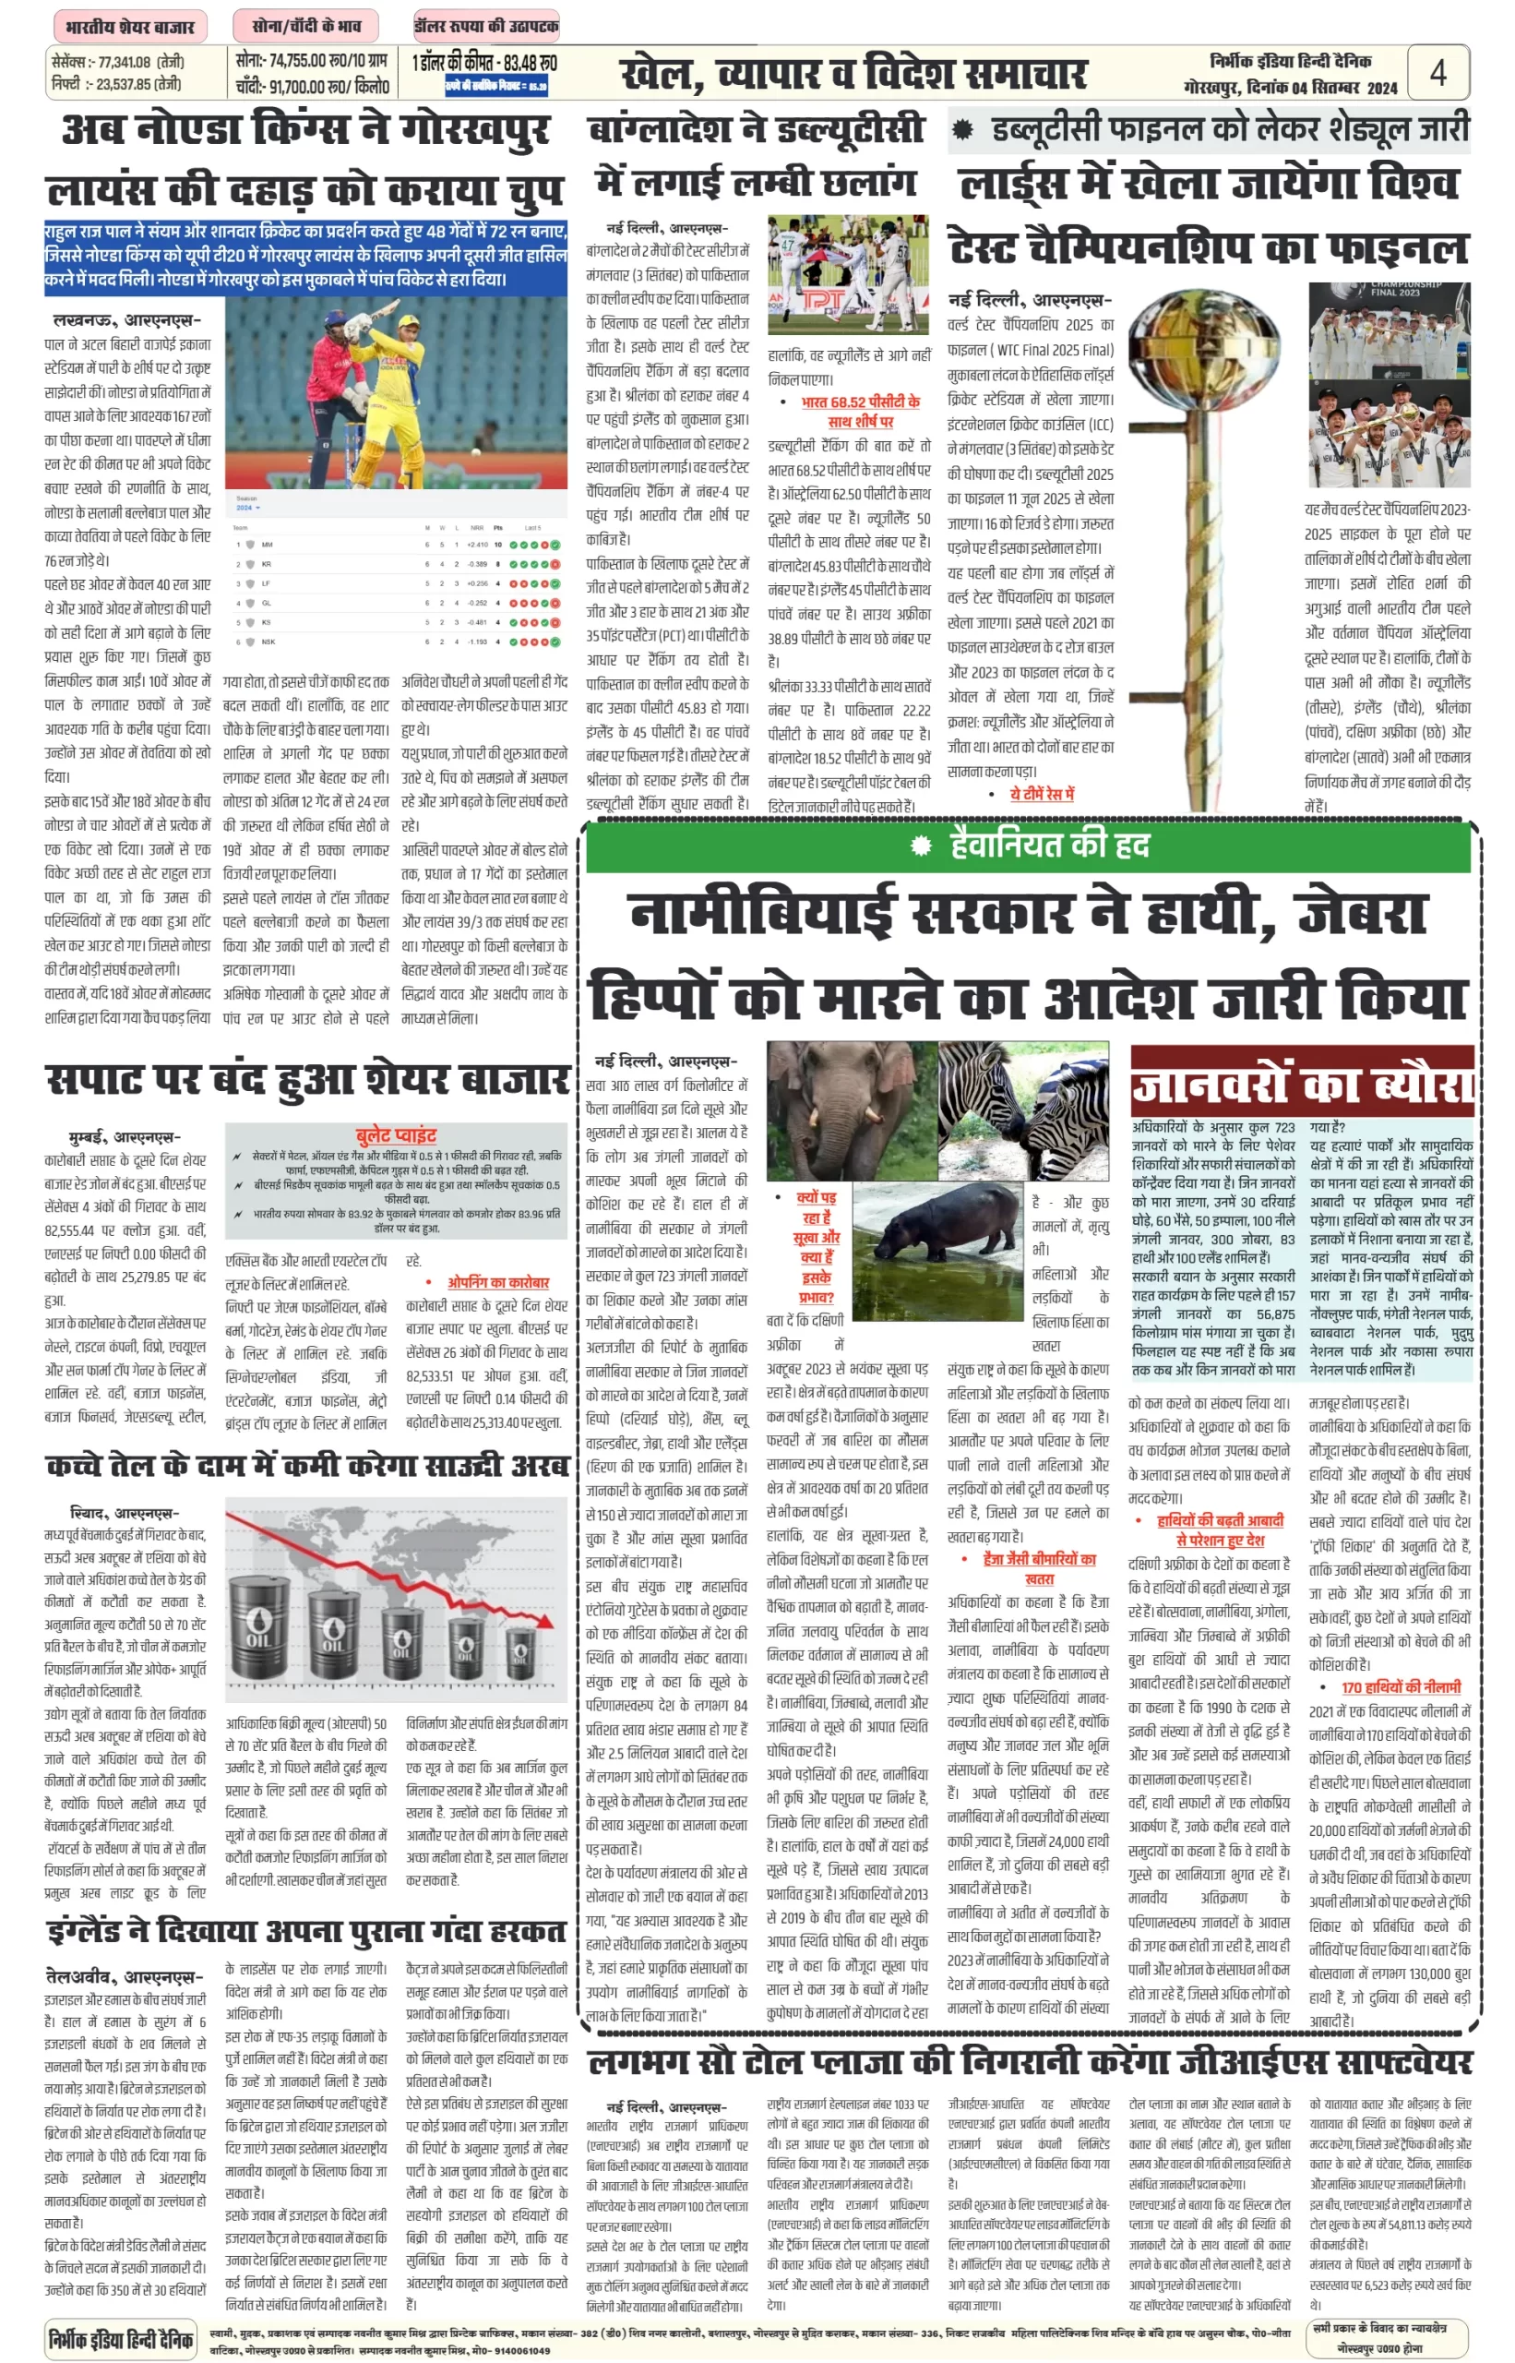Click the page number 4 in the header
1437,73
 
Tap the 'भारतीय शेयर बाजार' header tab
130,27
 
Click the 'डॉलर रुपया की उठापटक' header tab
486,27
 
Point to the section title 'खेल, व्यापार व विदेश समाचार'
853,75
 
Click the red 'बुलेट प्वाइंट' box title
396,1134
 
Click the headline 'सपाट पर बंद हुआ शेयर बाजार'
308,1079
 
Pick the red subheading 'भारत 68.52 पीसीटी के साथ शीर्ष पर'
860,412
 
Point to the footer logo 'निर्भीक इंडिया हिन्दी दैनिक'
121,2338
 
